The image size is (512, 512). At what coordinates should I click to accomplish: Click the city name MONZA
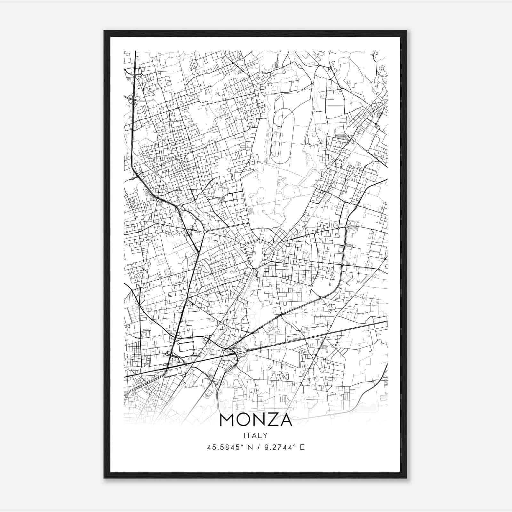point(256,420)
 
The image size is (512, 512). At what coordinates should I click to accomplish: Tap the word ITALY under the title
point(256,435)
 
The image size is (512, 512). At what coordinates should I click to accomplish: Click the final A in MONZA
point(286,420)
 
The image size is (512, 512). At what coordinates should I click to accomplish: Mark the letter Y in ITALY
point(265,435)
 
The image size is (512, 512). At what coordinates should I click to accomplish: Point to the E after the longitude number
point(302,447)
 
